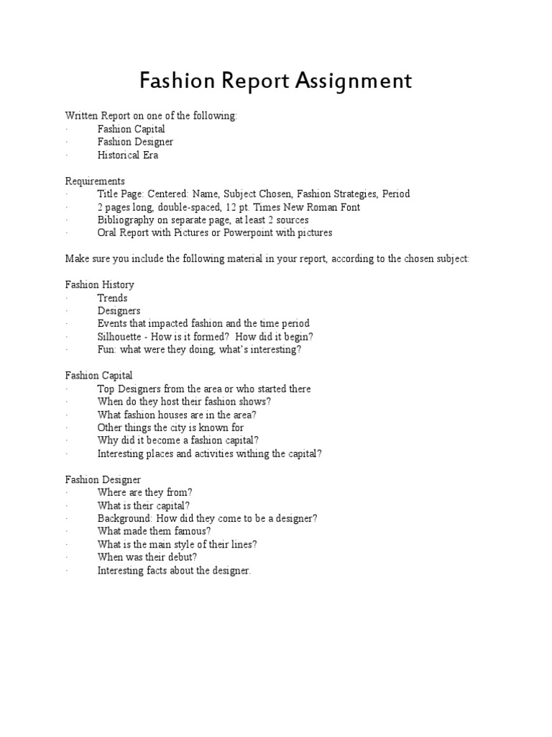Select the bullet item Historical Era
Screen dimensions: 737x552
pyautogui.click(x=128, y=155)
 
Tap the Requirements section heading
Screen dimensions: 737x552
pyautogui.click(x=95, y=181)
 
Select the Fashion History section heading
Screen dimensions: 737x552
pyautogui.click(x=100, y=285)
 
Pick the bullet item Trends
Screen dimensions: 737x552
pyautogui.click(x=112, y=298)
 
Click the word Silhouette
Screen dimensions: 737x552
pyautogui.click(x=120, y=337)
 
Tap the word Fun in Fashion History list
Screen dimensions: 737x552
pyautogui.click(x=106, y=350)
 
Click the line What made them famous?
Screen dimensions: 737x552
pyautogui.click(x=155, y=531)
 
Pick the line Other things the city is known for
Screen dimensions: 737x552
pyautogui.click(x=171, y=428)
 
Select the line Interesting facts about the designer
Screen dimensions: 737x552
pyautogui.click(x=175, y=570)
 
